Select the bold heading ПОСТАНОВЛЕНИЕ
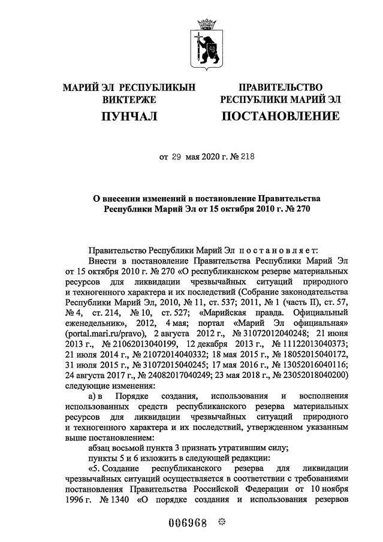click(x=281, y=116)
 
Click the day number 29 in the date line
click(x=176, y=157)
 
